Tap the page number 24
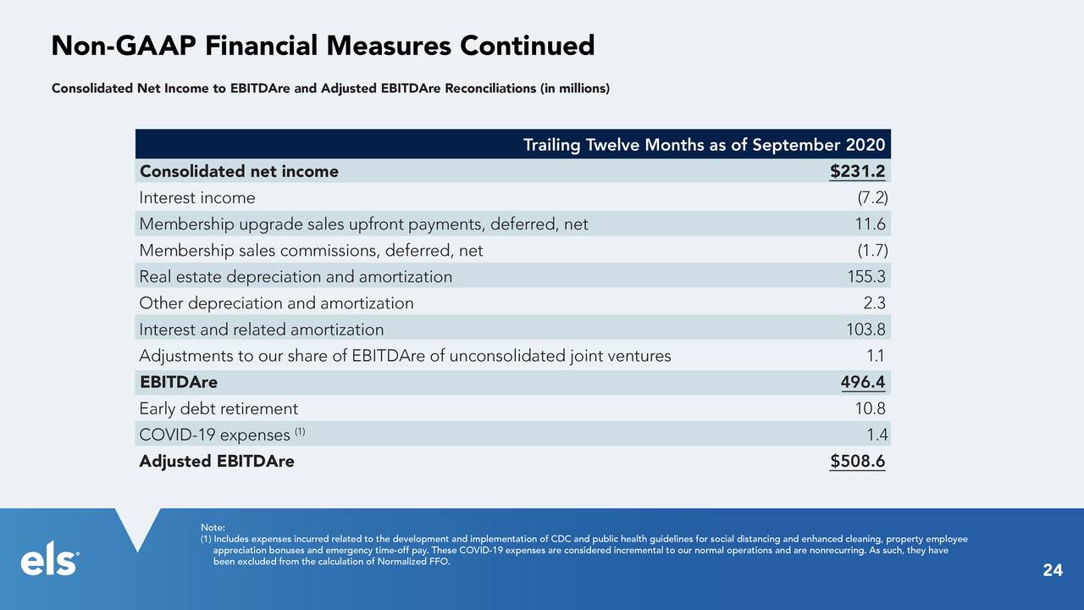tap(1053, 570)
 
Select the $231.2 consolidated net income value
tap(858, 171)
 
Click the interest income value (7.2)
tap(872, 197)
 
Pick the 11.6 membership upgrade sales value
tap(870, 224)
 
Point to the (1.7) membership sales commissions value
tap(872, 250)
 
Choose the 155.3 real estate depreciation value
tap(866, 276)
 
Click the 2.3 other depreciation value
tap(875, 303)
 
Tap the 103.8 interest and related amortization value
tap(866, 330)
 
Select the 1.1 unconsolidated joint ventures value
tap(876, 356)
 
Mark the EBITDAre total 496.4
tap(863, 382)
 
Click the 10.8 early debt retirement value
tap(870, 408)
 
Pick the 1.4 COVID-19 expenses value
tap(877, 435)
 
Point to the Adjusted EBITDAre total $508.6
tap(858, 461)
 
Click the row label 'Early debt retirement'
tap(218, 408)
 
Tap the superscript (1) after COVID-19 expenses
tap(300, 431)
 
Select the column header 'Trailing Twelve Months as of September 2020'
tap(704, 144)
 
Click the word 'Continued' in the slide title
tap(527, 46)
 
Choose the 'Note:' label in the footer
tap(213, 528)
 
